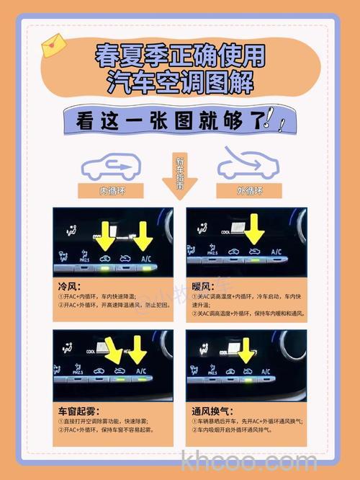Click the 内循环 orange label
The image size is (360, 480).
pos(112,191)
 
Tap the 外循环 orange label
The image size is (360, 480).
pos(249,191)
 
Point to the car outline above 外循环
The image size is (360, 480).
pos(248,164)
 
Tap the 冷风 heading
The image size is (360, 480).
pos(68,285)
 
